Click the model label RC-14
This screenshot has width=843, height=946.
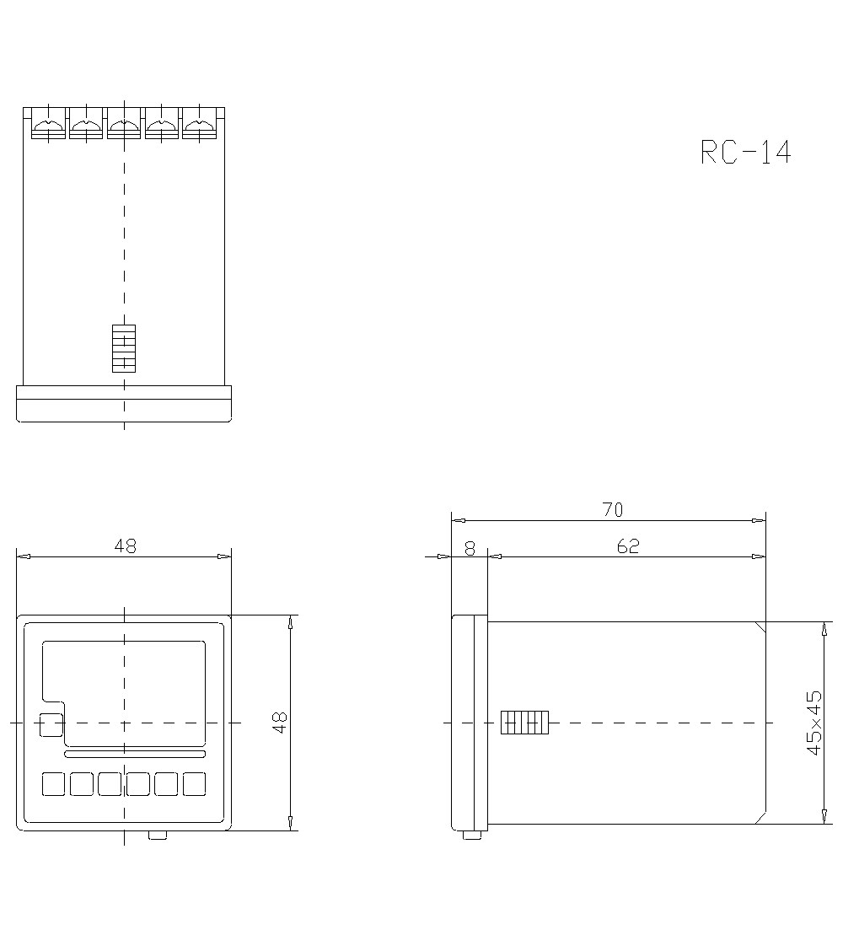click(x=745, y=152)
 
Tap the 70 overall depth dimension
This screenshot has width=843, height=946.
click(x=613, y=510)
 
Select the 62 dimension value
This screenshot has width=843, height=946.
click(x=628, y=546)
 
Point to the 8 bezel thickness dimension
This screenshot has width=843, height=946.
click(x=470, y=548)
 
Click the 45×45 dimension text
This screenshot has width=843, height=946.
click(x=814, y=723)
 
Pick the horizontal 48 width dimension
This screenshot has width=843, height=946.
click(x=126, y=546)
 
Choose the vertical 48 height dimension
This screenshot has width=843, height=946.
click(x=281, y=723)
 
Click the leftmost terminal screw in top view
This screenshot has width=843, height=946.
click(x=48, y=126)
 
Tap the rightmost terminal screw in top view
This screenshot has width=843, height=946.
click(x=200, y=126)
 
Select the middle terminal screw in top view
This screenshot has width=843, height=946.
click(x=124, y=126)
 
